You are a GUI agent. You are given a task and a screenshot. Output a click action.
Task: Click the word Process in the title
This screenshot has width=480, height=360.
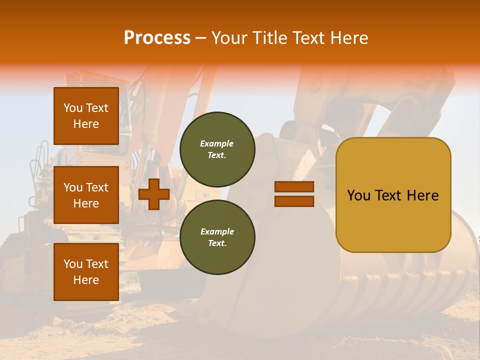pyautogui.click(x=157, y=37)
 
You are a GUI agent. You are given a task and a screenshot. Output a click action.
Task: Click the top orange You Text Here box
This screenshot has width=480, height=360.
pyautogui.click(x=86, y=116)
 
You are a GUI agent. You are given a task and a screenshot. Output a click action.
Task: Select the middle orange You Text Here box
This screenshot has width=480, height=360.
pyautogui.click(x=86, y=195)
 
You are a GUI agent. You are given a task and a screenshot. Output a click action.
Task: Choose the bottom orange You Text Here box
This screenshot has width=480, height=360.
pyautogui.click(x=86, y=272)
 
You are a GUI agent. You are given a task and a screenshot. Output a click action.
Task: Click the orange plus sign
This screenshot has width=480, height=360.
pyautogui.click(x=154, y=194)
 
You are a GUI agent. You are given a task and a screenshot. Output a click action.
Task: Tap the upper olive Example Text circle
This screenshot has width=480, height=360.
pyautogui.click(x=217, y=149)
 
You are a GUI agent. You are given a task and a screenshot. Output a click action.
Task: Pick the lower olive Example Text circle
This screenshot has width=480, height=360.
pyautogui.click(x=217, y=237)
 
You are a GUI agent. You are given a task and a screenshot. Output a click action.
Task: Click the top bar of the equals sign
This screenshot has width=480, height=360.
pyautogui.click(x=294, y=186)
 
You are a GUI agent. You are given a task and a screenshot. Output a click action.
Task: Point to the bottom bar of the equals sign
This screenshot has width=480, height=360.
pyautogui.click(x=294, y=201)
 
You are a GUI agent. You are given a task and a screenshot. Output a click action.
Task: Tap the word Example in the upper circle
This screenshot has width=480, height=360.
pyautogui.click(x=217, y=143)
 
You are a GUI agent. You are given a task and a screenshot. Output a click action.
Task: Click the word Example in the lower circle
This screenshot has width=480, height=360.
pyautogui.click(x=217, y=231)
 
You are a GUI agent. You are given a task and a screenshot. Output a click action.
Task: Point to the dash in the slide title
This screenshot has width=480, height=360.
pyautogui.click(x=201, y=38)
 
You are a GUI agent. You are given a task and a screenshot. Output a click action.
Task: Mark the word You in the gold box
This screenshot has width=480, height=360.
pyautogui.click(x=358, y=195)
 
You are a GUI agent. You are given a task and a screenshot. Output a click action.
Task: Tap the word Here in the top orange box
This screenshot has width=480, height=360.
pyautogui.click(x=86, y=124)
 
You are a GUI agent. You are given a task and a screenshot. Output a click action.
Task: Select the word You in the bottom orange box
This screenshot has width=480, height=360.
pyautogui.click(x=73, y=264)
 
